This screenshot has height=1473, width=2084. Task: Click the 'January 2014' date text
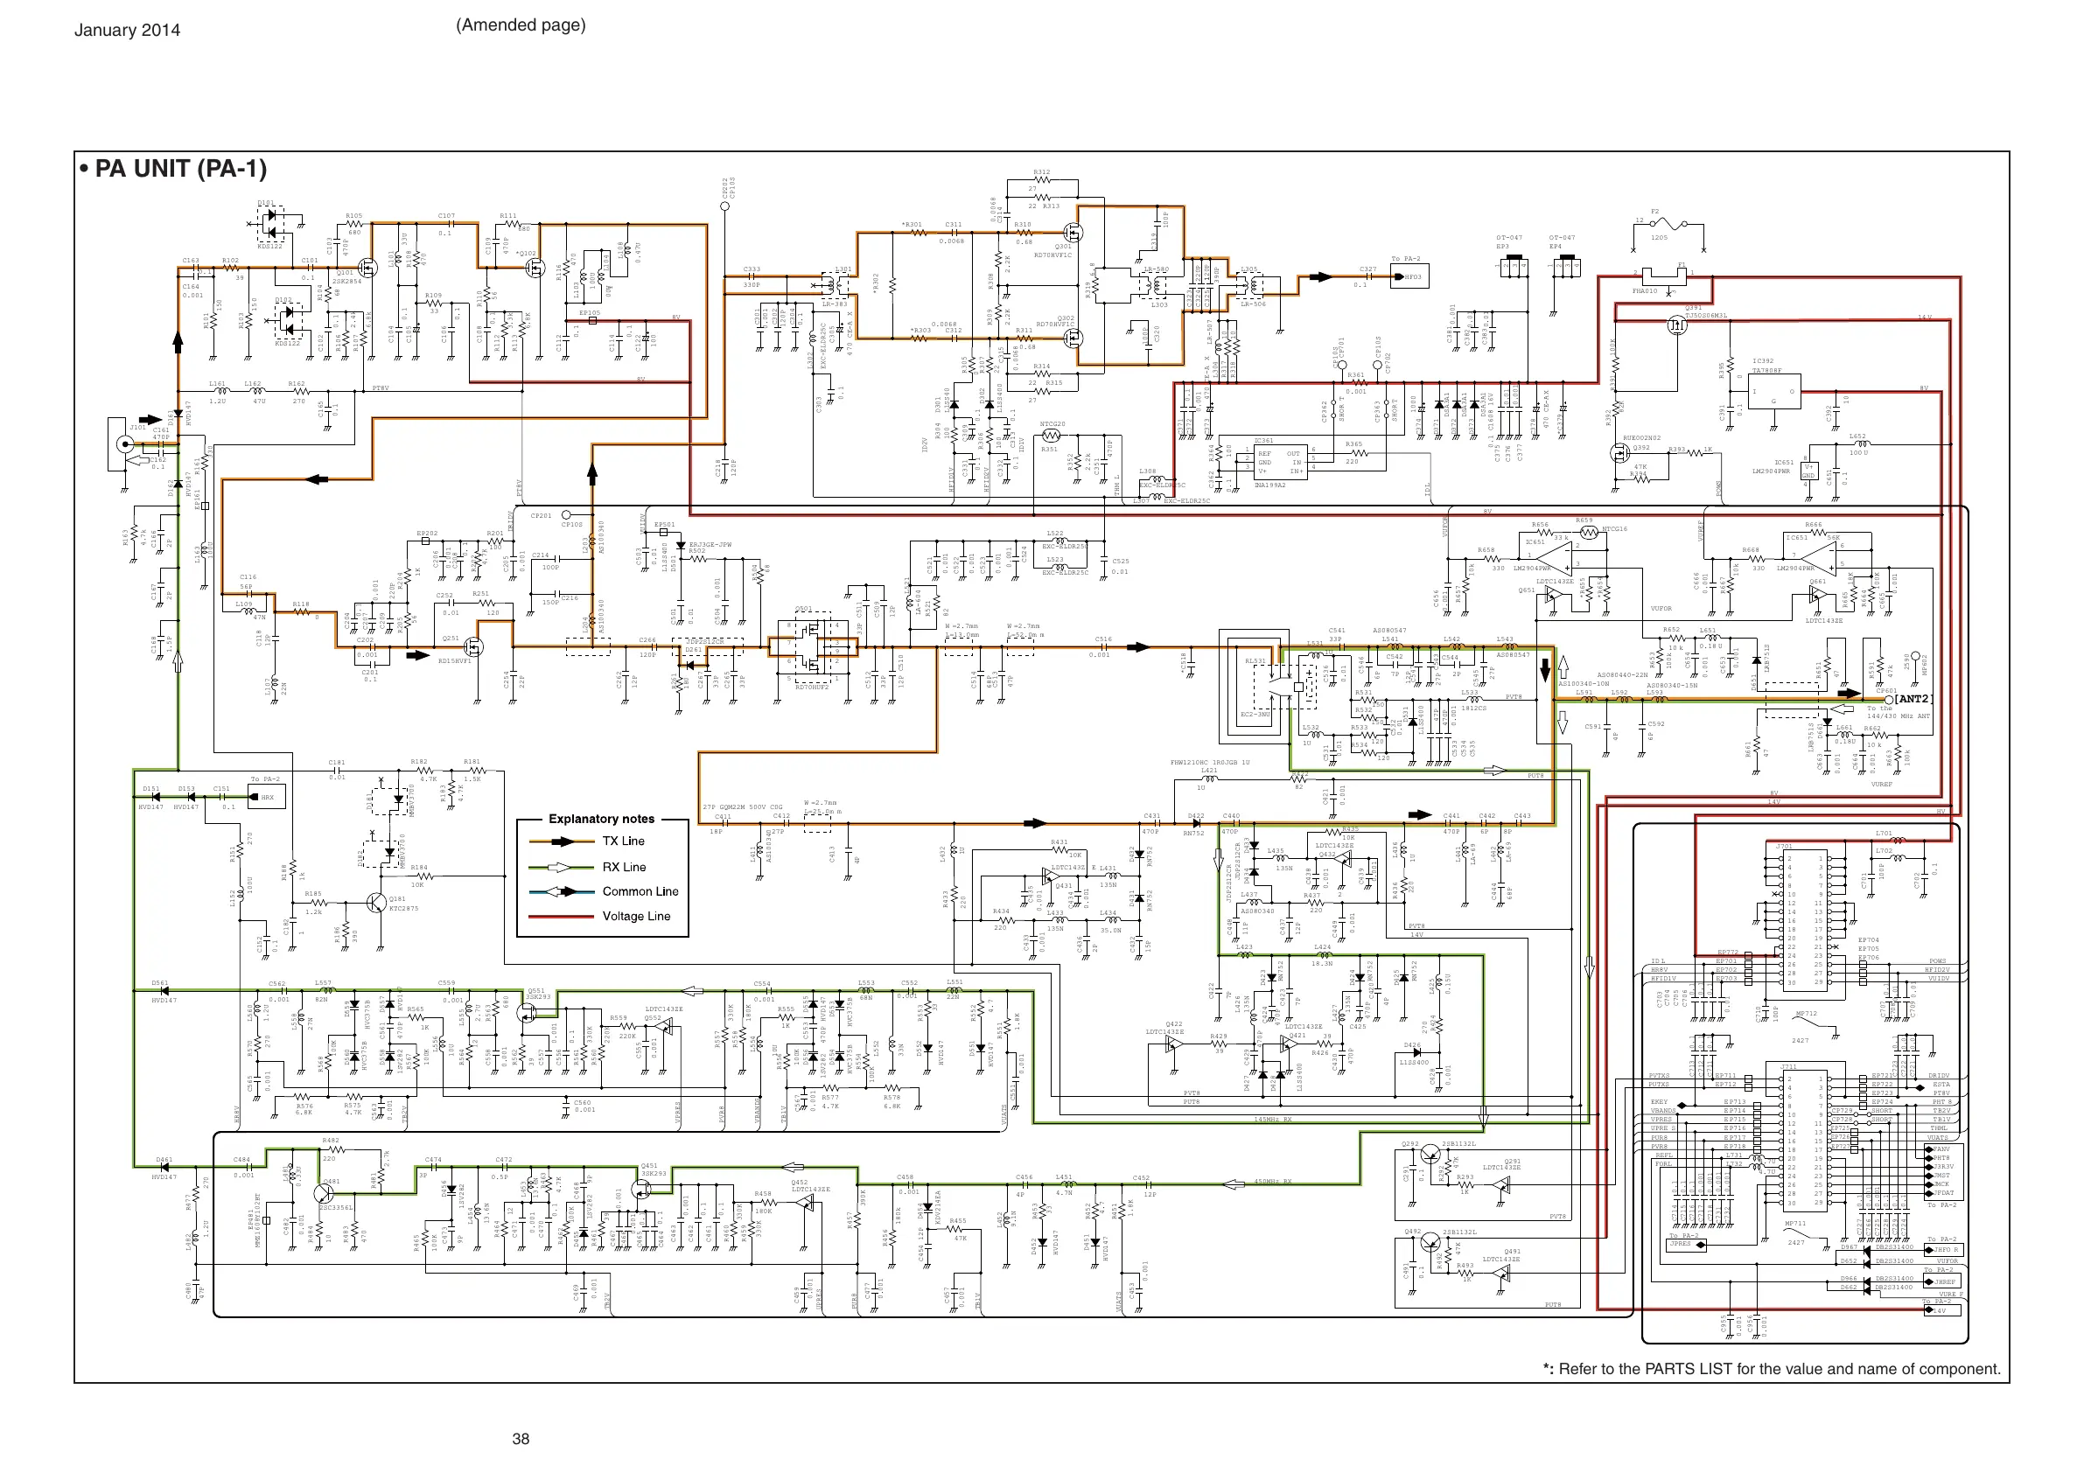pos(127,30)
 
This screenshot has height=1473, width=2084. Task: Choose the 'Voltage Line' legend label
pos(635,917)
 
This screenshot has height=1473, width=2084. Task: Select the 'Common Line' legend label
pos(640,891)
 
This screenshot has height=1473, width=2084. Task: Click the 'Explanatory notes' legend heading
pos(601,819)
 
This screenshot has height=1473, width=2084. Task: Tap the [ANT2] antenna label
pos(1913,699)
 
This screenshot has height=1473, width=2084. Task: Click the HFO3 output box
pos(1409,276)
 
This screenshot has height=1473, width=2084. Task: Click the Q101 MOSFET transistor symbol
pos(367,267)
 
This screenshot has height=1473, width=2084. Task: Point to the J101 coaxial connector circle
pos(125,443)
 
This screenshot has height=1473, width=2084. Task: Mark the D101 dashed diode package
pos(270,222)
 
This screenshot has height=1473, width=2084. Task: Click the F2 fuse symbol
pos(1670,225)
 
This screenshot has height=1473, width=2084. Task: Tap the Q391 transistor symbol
pos(1675,324)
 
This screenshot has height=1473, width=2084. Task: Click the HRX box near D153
pos(268,798)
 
